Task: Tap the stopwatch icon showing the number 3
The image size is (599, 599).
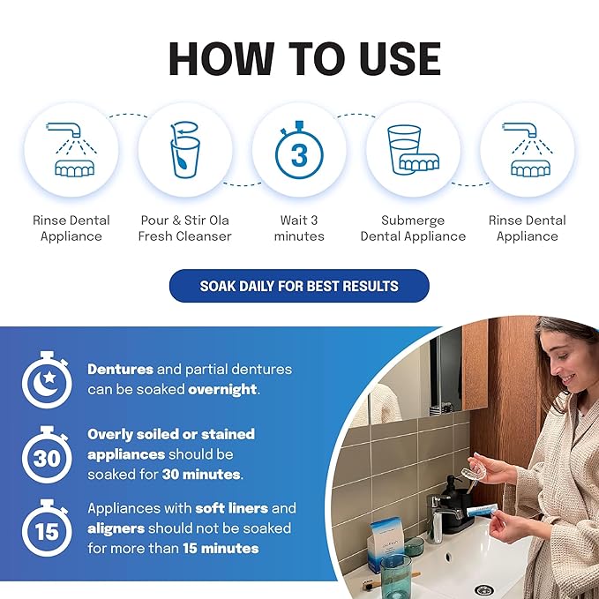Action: click(299, 151)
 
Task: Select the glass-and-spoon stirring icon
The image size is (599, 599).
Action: click(185, 151)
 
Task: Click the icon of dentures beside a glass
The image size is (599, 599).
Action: click(413, 151)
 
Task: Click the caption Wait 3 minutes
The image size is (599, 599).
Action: click(299, 228)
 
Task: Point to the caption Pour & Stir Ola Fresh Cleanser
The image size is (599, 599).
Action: click(185, 228)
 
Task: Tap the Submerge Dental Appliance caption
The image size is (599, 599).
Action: click(413, 228)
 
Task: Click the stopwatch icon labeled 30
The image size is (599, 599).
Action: click(47, 455)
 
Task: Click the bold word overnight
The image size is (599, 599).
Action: click(226, 389)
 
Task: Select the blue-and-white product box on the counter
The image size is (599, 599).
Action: click(386, 543)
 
